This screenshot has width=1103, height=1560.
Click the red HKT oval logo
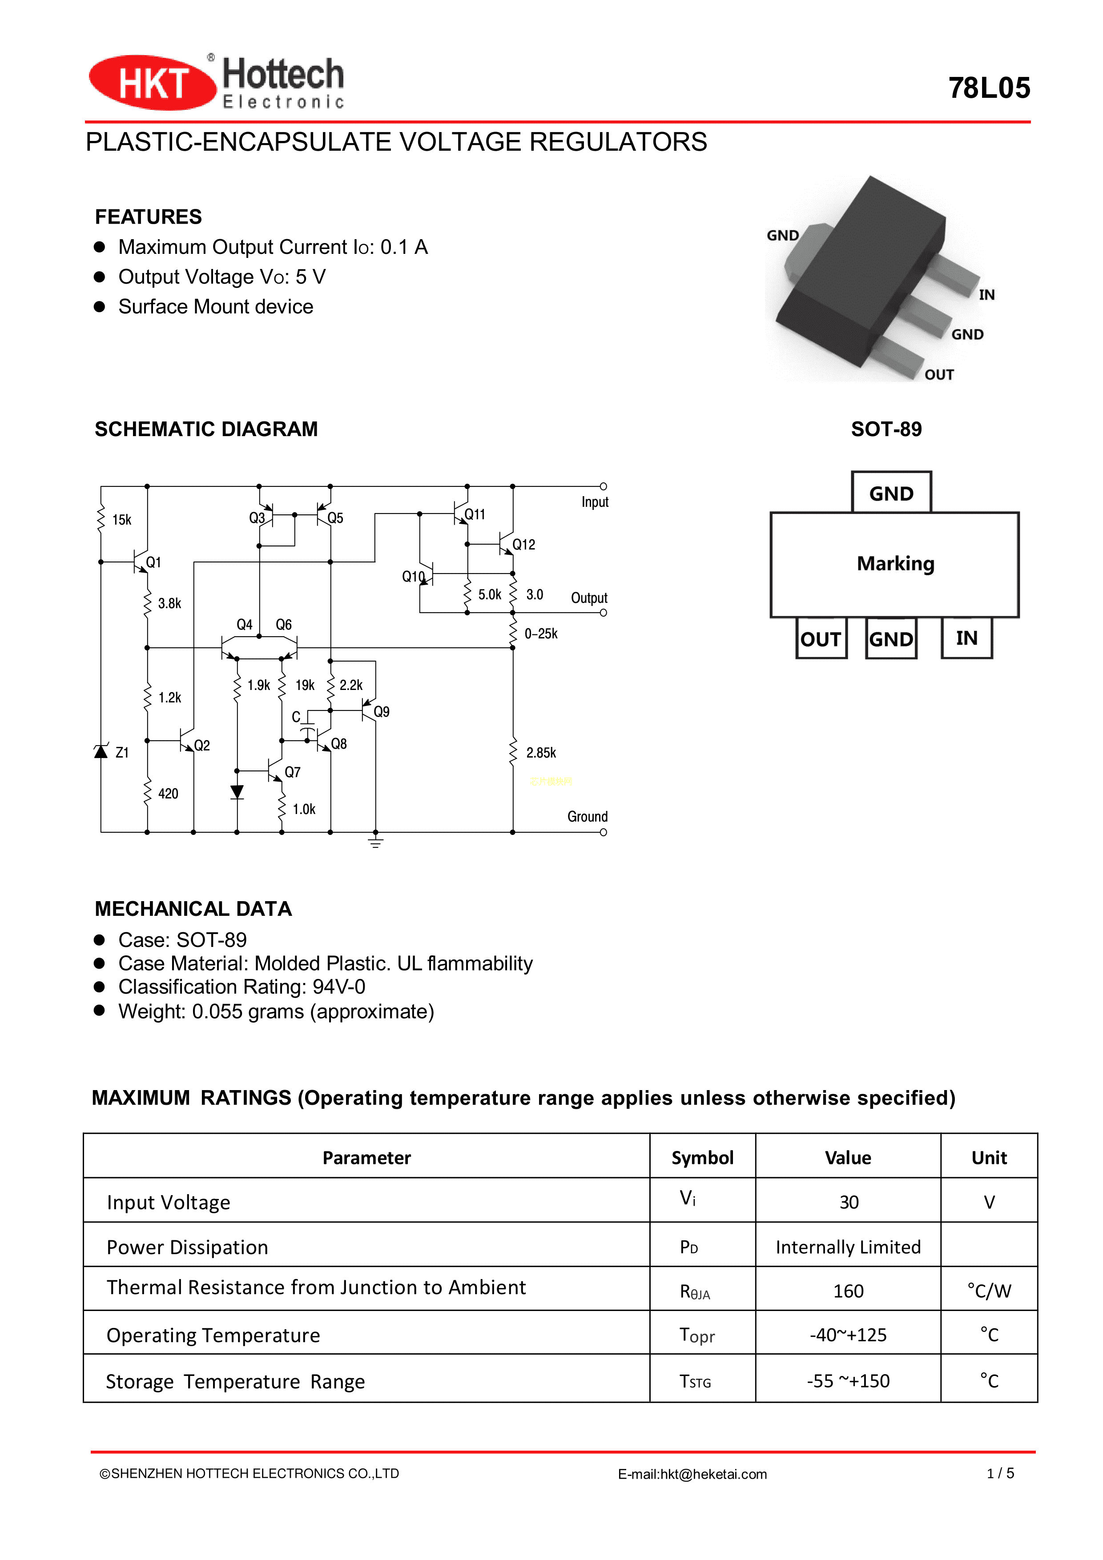click(x=152, y=83)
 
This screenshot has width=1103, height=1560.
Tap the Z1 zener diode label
click(x=122, y=752)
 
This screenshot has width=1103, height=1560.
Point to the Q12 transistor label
click(x=523, y=544)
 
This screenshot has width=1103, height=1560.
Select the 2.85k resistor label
click(x=541, y=752)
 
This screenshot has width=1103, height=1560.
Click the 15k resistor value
click(x=122, y=520)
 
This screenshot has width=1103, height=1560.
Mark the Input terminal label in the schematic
click(x=595, y=502)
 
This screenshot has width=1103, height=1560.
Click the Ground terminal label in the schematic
click(x=587, y=816)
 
